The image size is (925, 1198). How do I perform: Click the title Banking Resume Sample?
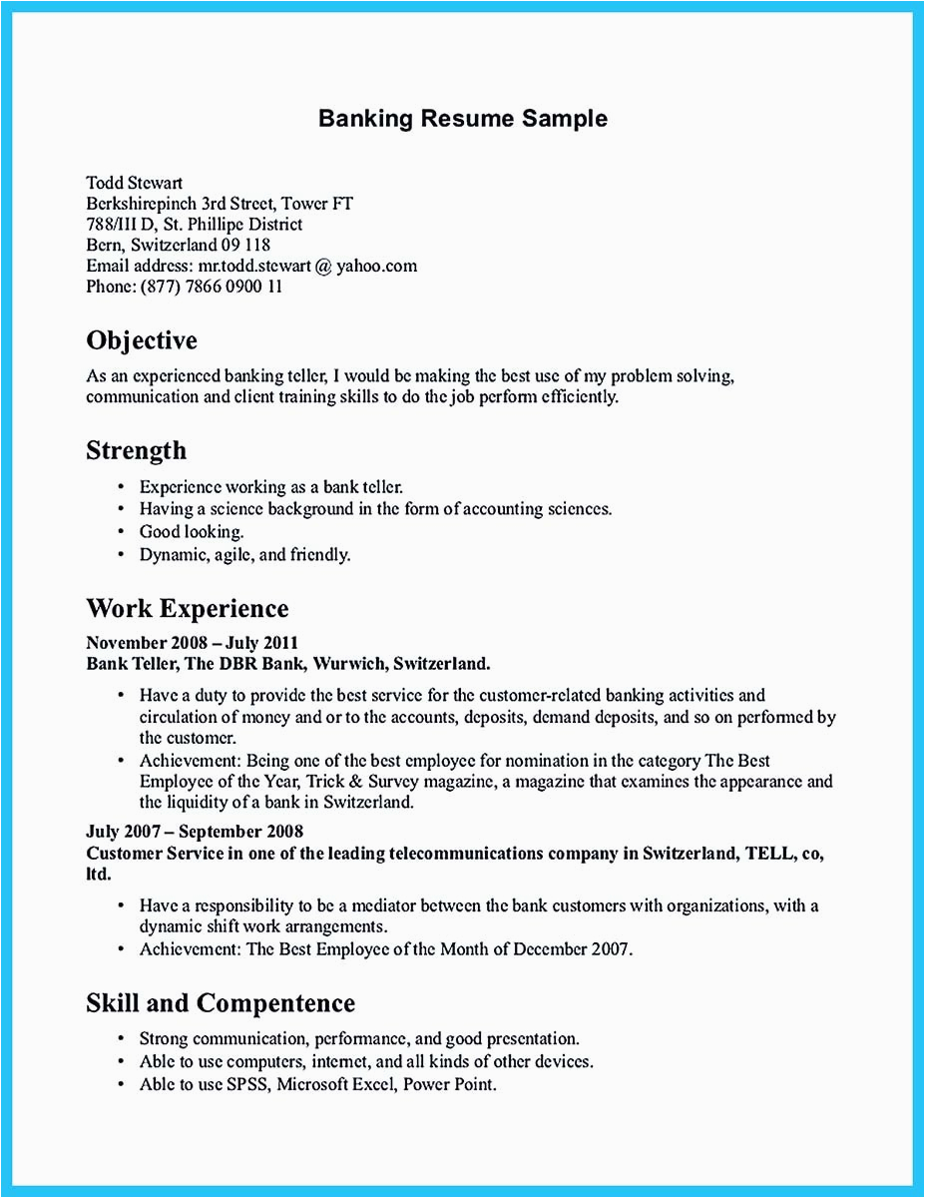(x=462, y=119)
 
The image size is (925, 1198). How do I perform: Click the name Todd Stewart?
(x=134, y=183)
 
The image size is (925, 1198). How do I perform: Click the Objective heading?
(x=142, y=341)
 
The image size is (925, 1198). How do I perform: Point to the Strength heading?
(x=136, y=450)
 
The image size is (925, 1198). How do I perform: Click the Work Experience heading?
(x=187, y=608)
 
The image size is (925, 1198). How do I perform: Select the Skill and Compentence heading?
(x=221, y=1002)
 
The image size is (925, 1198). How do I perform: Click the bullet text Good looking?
(x=191, y=532)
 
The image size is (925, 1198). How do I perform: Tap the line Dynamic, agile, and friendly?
(x=244, y=554)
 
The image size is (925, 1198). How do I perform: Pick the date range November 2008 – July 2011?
(x=192, y=643)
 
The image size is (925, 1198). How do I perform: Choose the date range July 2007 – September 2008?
(x=195, y=831)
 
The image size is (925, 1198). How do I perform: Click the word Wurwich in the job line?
(x=354, y=663)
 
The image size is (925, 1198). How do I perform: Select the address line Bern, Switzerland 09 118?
(x=178, y=245)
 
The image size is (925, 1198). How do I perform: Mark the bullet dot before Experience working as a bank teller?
(x=120, y=487)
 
